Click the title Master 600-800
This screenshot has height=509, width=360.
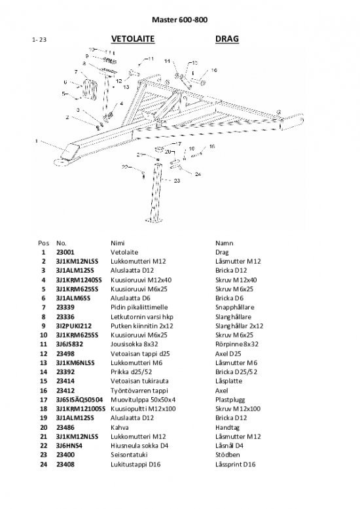click(180, 20)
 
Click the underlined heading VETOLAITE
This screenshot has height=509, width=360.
click(133, 39)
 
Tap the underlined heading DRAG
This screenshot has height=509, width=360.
click(226, 39)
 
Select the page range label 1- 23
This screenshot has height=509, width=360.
click(39, 40)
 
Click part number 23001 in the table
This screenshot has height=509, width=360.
click(65, 253)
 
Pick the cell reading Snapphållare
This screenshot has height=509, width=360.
click(234, 307)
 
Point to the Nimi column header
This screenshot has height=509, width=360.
click(118, 243)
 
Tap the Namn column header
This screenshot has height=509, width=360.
click(225, 243)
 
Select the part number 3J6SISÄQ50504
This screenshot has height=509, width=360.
click(80, 400)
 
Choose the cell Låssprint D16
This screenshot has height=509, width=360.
click(235, 465)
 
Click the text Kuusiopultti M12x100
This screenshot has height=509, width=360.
click(143, 409)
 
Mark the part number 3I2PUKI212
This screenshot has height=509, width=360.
click(74, 326)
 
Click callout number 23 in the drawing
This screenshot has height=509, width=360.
click(177, 181)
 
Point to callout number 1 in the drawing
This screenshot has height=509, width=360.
click(37, 141)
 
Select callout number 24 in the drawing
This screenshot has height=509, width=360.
click(198, 174)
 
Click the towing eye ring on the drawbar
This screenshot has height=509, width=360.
click(61, 162)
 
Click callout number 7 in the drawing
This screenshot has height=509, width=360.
click(76, 72)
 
